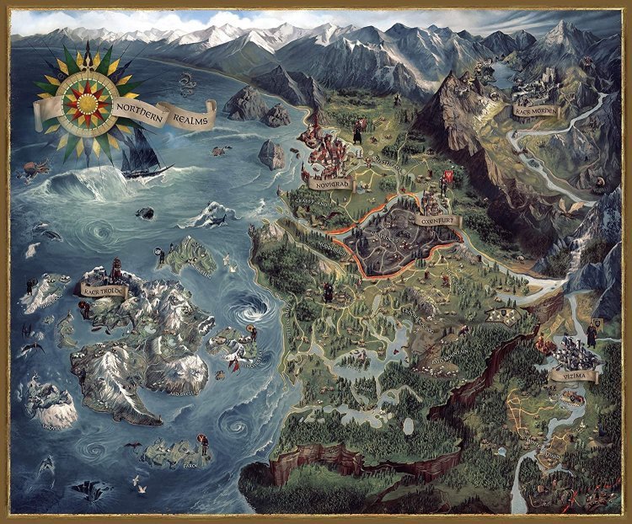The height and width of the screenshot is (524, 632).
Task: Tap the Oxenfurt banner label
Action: [436, 219]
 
